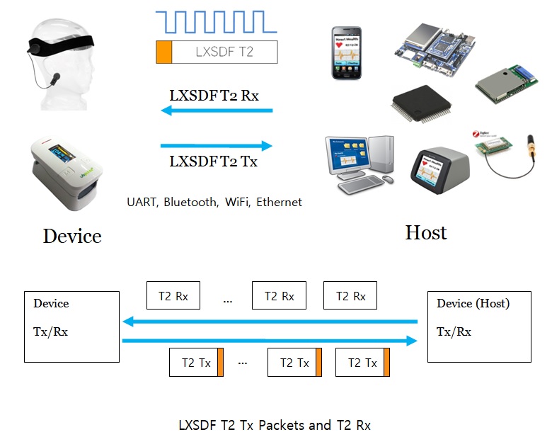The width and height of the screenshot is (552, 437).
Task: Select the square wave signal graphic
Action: coord(216,22)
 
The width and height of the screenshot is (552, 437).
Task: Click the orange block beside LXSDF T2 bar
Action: coord(164,52)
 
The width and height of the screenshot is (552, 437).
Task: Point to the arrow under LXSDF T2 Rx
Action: coord(217,110)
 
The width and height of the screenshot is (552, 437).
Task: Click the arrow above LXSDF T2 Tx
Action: coord(217,146)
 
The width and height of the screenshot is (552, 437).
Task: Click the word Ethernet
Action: coord(279,202)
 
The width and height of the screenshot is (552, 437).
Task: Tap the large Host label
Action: coord(425,232)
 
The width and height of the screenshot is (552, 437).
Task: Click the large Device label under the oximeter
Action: coord(72,236)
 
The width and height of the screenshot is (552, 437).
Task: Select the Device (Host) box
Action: coord(480,325)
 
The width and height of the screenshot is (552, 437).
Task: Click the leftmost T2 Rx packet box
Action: coord(173,296)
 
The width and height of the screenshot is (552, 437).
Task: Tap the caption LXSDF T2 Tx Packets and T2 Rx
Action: coord(274,425)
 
